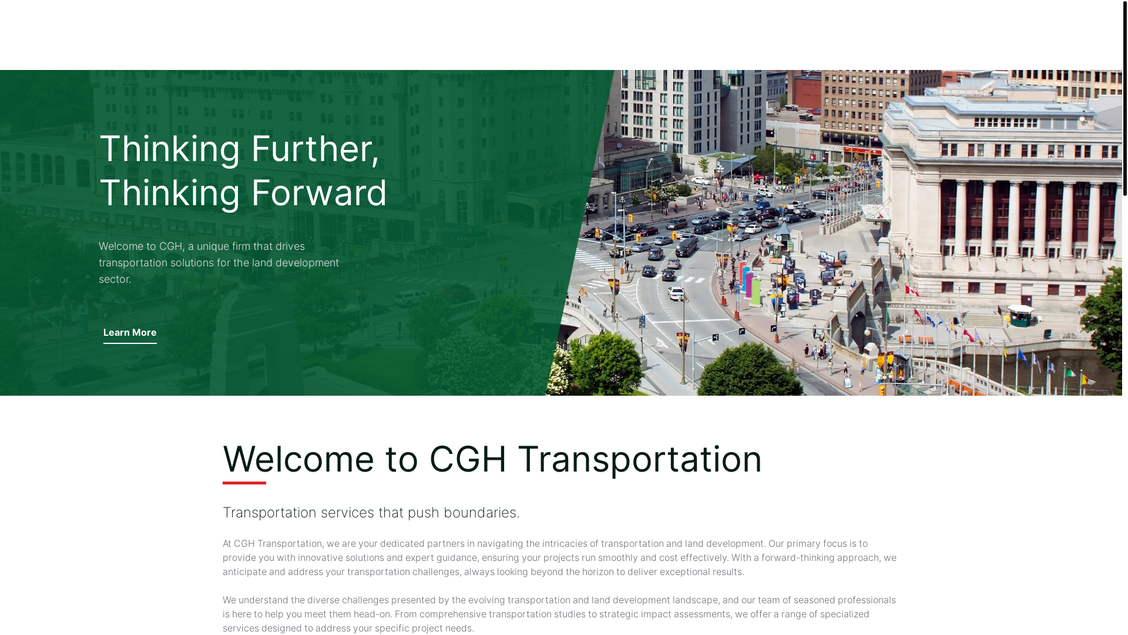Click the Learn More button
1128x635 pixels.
[x=130, y=333]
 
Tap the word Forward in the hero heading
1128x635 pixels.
[x=319, y=193]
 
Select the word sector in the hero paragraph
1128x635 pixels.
[x=114, y=279]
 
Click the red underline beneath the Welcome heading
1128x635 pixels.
[x=244, y=483]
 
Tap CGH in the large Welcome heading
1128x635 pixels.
[x=468, y=459]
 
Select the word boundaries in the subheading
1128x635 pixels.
[x=481, y=513]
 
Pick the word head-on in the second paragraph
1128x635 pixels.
[x=372, y=614]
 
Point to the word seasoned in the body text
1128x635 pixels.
[x=814, y=600]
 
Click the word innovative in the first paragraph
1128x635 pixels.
[x=320, y=557]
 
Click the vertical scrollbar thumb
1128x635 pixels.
[x=1124, y=98]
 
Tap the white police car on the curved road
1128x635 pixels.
[x=676, y=292]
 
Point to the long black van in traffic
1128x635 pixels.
[x=686, y=247]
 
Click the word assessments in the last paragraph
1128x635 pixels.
[x=701, y=614]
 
